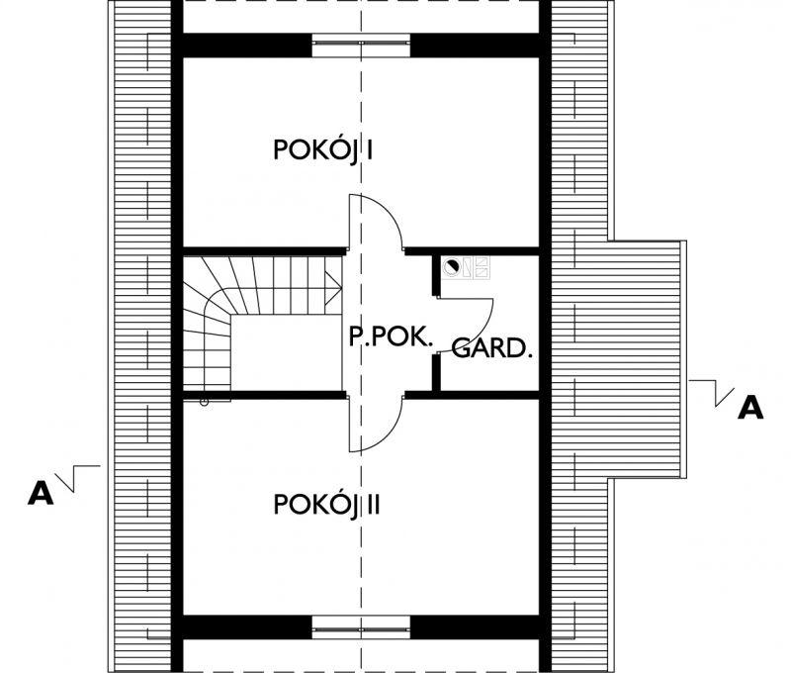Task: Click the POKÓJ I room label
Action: tap(322, 150)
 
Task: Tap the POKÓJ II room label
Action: tap(327, 505)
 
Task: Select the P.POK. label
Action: tap(392, 337)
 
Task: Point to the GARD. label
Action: tap(492, 348)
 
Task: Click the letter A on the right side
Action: tap(751, 407)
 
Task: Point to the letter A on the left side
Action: tap(40, 493)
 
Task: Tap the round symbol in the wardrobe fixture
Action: tap(453, 265)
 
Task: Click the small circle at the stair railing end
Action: tap(204, 402)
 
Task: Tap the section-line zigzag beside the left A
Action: tap(77, 477)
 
